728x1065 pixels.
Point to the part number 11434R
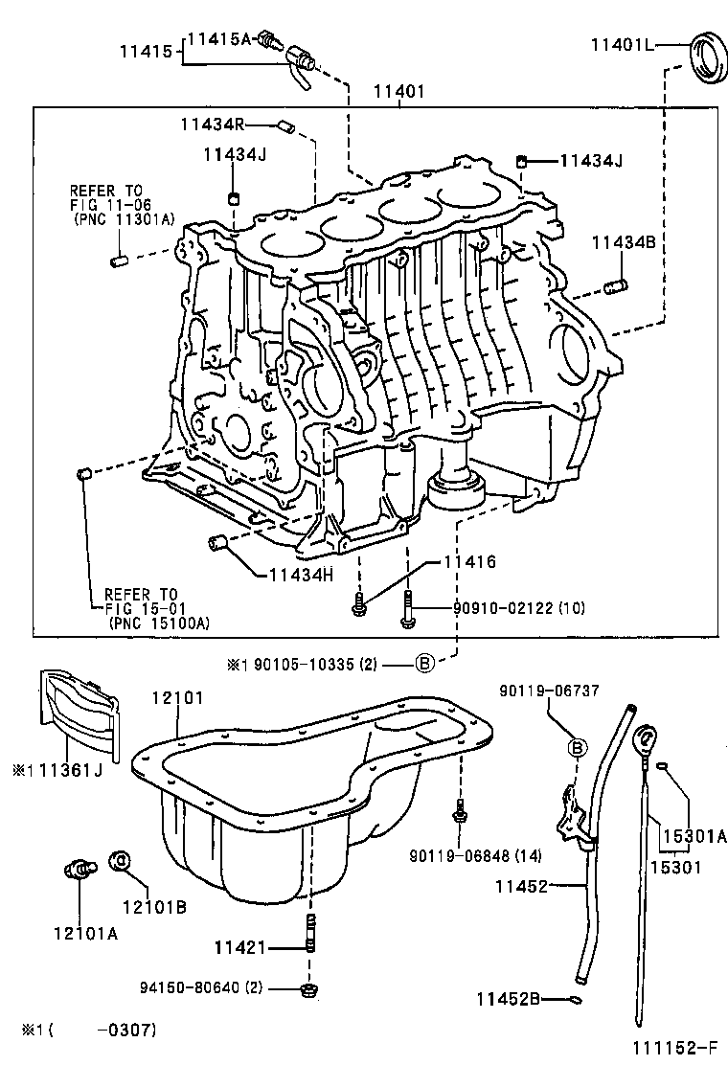pos(214,123)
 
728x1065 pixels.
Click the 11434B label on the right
pos(622,242)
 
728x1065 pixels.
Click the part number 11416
pos(468,562)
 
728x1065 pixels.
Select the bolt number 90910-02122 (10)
pos(507,608)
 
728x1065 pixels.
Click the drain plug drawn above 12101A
pos(80,868)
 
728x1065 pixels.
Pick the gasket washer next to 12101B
pos(121,861)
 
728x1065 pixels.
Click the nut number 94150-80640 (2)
pos(200,987)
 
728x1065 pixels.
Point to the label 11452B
pos(509,999)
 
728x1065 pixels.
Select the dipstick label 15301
pos(676,868)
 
